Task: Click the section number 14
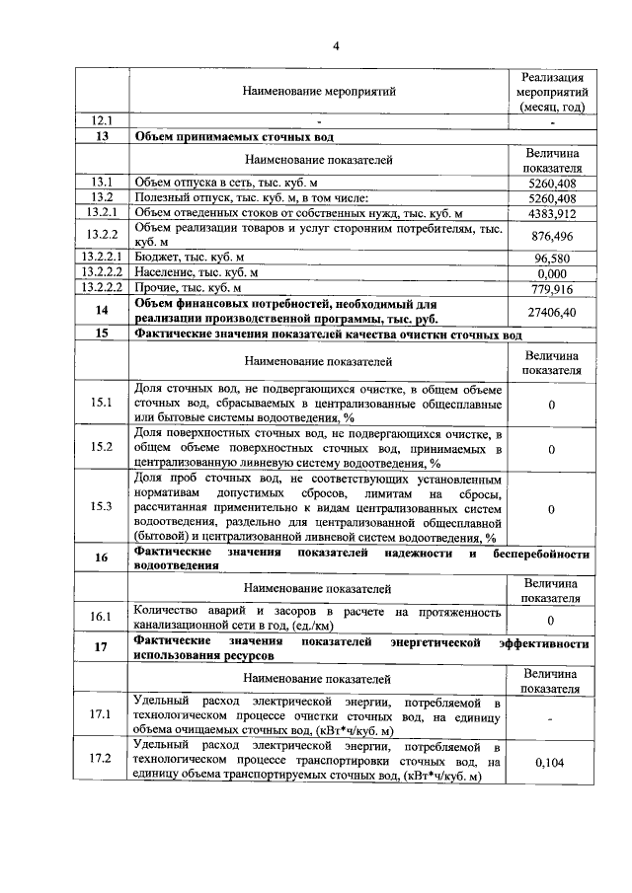(x=102, y=311)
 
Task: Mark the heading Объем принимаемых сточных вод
(x=235, y=137)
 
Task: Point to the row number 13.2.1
(x=102, y=212)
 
